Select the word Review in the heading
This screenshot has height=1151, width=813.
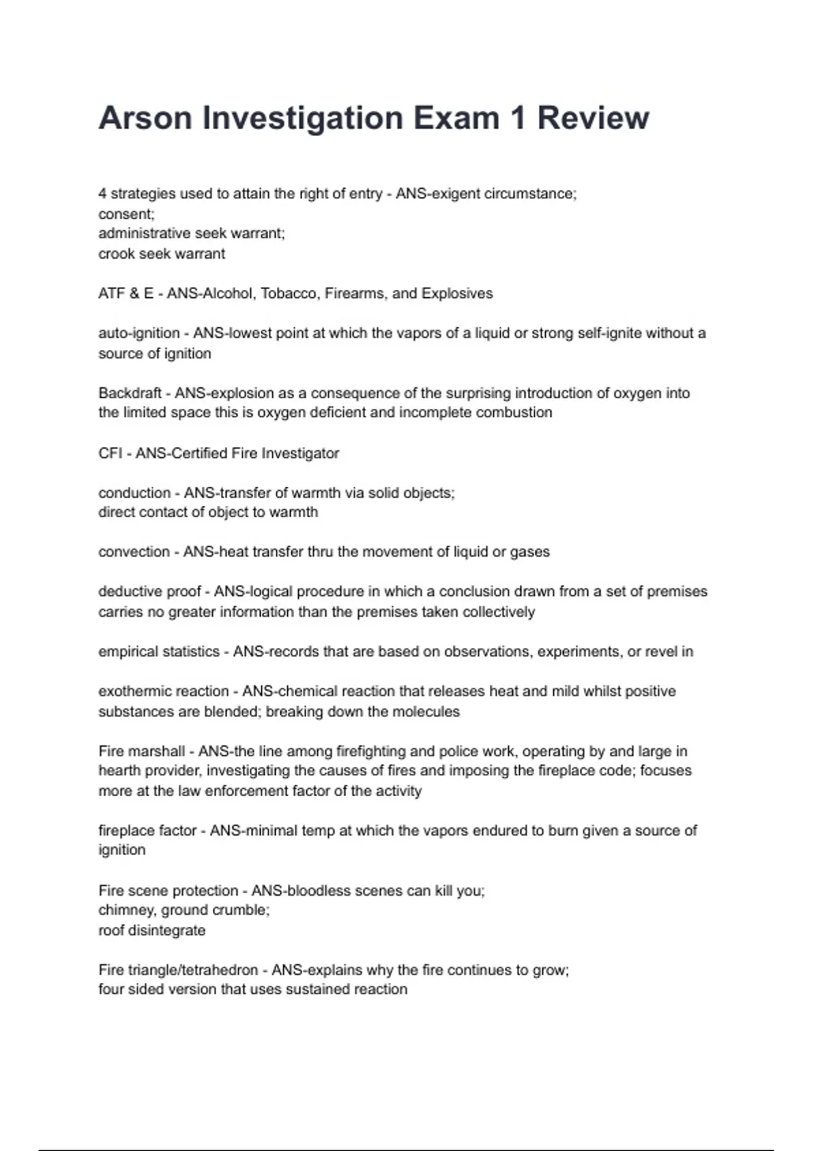click(x=593, y=118)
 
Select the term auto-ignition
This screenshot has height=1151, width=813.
click(x=139, y=333)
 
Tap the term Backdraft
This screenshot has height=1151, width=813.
click(x=129, y=393)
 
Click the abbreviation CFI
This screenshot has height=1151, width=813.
click(x=110, y=454)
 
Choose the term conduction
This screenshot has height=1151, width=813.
click(x=134, y=493)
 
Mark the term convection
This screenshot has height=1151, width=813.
click(x=134, y=552)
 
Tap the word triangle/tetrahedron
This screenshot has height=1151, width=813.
click(x=192, y=970)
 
